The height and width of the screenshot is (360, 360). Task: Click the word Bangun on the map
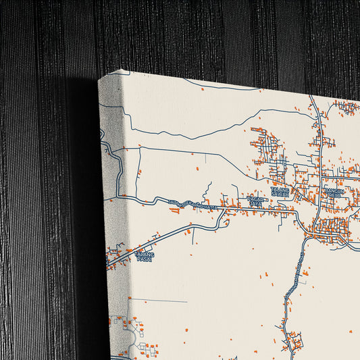334,190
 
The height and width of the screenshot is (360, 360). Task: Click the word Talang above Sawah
280,190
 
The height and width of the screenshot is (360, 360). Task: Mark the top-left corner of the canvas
99,79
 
